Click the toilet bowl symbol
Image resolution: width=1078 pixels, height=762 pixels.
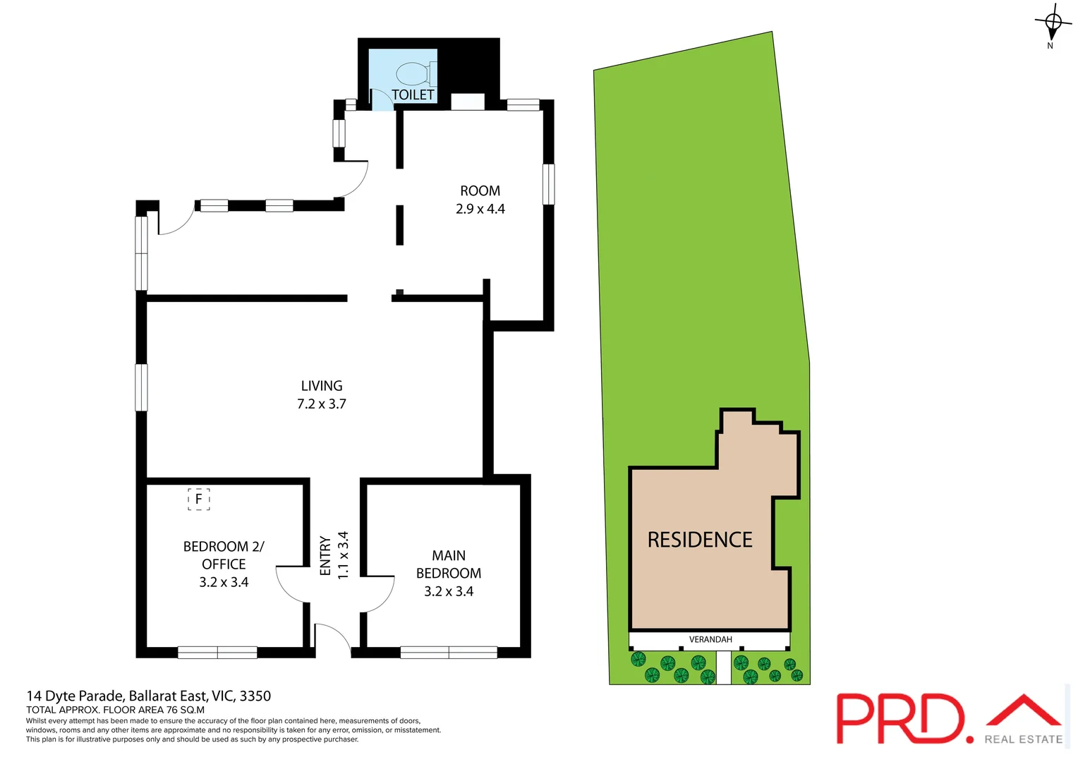413,73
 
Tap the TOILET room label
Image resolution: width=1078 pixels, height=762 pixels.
413,95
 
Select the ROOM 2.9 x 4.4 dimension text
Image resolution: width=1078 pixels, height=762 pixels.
480,209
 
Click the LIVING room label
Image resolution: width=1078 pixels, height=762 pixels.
322,386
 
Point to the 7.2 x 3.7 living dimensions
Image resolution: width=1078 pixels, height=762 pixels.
322,404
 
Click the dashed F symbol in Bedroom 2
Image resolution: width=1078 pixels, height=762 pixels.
199,500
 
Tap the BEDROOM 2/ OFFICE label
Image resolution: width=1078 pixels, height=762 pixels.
224,555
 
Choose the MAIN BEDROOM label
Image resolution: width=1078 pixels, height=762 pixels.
449,564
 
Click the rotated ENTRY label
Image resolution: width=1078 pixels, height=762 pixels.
325,556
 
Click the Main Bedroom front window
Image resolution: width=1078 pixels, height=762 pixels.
449,653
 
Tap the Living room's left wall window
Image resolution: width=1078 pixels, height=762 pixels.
141,387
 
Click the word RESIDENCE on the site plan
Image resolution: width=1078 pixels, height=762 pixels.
700,540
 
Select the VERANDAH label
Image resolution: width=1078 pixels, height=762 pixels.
710,640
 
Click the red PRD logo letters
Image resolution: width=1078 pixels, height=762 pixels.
900,718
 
